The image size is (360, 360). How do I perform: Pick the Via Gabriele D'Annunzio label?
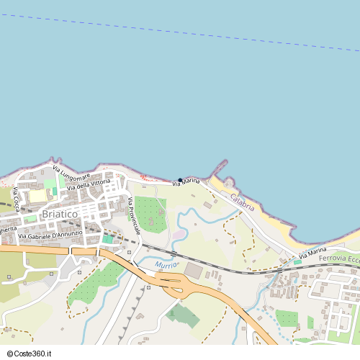click(x=51, y=234)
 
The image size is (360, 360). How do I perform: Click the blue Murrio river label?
click(x=165, y=266)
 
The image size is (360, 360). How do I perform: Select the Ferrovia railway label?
click(x=338, y=258)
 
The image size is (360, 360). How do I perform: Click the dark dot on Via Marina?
click(x=180, y=180)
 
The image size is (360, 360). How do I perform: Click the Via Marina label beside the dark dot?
click(x=186, y=184)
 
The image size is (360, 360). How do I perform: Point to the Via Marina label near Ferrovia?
click(x=312, y=253)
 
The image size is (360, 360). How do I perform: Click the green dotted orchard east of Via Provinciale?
click(x=150, y=214)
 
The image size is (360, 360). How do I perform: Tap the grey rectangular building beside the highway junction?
click(x=194, y=270)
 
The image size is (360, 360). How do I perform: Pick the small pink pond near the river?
click(x=177, y=235)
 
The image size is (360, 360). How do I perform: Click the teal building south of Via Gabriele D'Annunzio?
click(x=107, y=238)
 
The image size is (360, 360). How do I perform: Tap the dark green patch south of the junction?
click(x=182, y=314)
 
